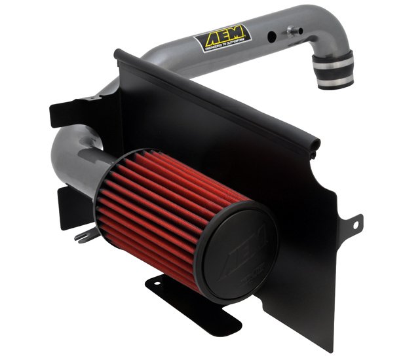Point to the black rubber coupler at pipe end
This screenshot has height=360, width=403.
click(334, 68)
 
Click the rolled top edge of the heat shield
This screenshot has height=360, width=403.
click(216, 98)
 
